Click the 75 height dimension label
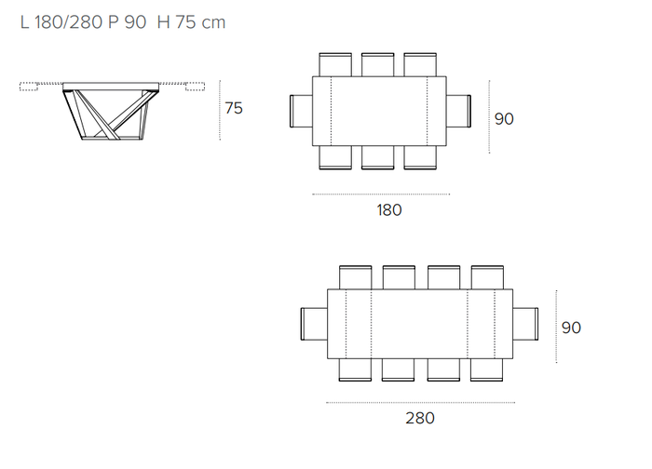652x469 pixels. pos(234,108)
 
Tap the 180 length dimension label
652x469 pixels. pos(389,209)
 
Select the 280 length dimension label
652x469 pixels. pos(420,418)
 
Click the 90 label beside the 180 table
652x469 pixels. pos(504,119)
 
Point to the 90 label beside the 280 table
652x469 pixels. pos(571,328)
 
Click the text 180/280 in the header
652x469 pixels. pos(69,22)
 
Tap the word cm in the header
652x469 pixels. pos(213,23)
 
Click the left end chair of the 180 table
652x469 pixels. pos(301,111)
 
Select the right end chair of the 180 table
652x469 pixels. pos(458,111)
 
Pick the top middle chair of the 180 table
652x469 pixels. pos(377,65)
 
